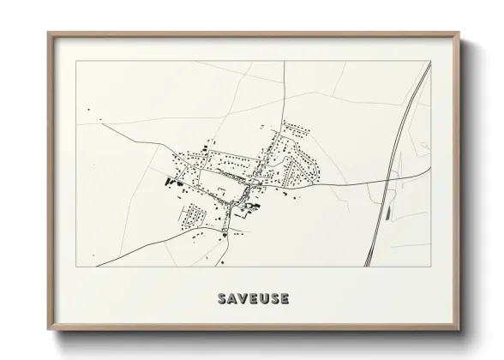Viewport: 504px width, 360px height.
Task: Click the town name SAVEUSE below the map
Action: click(253, 298)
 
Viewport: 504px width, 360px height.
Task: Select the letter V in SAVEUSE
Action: click(243, 298)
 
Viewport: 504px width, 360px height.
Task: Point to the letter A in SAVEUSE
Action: click(232, 298)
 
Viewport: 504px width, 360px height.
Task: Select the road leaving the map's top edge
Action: click(284, 77)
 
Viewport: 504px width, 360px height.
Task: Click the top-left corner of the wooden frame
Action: click(49, 34)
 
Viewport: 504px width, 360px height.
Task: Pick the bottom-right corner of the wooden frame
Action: click(459, 330)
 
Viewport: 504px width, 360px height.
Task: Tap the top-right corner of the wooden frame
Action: click(459, 34)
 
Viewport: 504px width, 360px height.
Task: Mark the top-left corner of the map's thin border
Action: click(76, 61)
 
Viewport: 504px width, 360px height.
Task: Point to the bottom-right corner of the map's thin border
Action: click(430, 267)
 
